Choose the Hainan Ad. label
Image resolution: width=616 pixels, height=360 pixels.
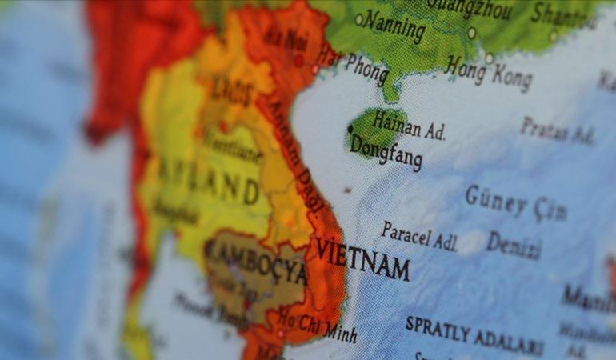tap(408, 127)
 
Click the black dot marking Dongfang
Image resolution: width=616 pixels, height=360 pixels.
tap(350, 128)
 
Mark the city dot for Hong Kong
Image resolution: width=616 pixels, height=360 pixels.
tap(489, 58)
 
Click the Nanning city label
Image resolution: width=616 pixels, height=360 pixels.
tap(394, 26)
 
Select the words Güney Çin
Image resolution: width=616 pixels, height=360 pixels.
tap(515, 202)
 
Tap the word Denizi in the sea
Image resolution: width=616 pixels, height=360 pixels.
tap(514, 245)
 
